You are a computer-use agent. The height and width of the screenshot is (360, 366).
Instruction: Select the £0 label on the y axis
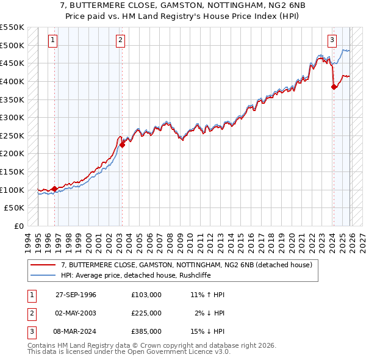click(19, 226)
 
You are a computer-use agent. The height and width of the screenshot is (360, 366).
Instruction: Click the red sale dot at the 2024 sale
click(334, 87)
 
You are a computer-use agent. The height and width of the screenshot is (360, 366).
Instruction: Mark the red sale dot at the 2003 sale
click(122, 145)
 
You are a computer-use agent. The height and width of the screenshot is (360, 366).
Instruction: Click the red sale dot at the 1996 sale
click(55, 189)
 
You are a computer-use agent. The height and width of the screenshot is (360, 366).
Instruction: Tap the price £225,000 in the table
click(146, 313)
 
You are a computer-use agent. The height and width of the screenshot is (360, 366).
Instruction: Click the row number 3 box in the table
click(30, 332)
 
